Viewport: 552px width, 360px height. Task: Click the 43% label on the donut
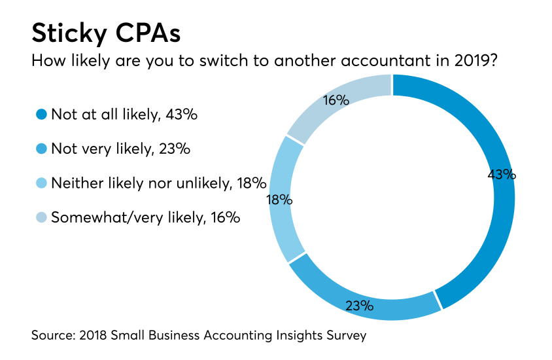pos(502,175)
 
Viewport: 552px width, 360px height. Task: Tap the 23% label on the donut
pos(359,305)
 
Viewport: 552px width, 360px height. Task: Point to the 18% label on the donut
pos(279,200)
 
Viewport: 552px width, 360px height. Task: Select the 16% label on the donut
pos(336,100)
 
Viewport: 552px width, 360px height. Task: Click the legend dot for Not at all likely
pos(41,115)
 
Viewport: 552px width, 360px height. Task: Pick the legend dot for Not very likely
pos(41,149)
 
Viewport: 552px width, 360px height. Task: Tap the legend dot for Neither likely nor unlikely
pos(41,183)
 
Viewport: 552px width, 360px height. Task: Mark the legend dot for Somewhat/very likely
pos(41,217)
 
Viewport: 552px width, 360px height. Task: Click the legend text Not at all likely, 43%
pos(124,115)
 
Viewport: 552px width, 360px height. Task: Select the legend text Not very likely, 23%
pos(120,149)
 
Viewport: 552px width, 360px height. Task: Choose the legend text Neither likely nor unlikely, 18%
pos(158,183)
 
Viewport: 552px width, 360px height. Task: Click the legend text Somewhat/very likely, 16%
pos(146,217)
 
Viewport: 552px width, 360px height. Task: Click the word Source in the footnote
pos(52,336)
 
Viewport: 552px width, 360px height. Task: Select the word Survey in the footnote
pos(345,336)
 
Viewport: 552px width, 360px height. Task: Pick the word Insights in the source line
pos(296,336)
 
